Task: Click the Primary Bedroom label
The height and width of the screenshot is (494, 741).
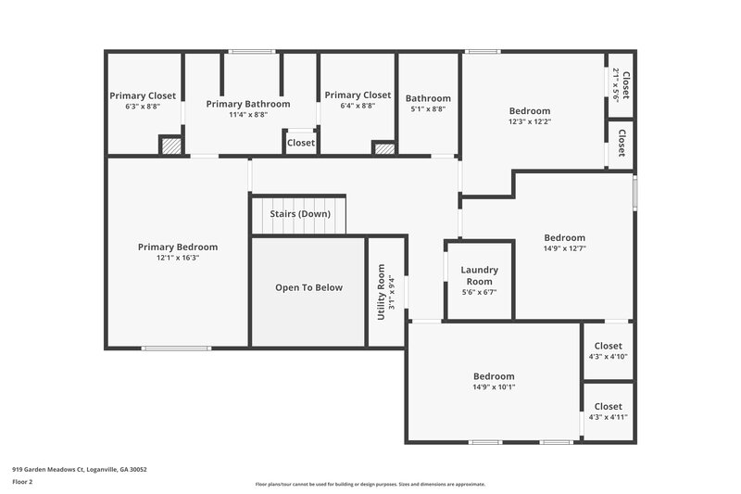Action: (178, 247)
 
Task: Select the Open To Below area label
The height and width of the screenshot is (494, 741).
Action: (308, 287)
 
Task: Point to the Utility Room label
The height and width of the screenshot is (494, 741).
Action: (381, 292)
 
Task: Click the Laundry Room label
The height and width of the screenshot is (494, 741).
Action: (479, 275)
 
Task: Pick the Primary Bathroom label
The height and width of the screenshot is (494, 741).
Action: (248, 104)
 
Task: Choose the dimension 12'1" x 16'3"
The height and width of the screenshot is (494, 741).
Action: (178, 258)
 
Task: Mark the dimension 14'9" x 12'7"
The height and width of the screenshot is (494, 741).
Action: (564, 248)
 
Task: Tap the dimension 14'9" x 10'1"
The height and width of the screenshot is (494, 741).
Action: (494, 387)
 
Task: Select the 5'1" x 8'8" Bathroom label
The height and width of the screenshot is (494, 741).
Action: (428, 98)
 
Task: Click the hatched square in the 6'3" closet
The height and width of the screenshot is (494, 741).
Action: (170, 146)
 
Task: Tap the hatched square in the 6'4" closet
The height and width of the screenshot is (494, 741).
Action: (383, 147)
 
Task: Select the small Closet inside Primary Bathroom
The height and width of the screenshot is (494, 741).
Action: (300, 143)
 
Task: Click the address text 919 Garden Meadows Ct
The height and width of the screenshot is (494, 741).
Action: (79, 469)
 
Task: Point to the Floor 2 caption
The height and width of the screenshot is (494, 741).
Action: (22, 482)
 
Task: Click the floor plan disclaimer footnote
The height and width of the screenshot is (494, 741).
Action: (370, 484)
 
